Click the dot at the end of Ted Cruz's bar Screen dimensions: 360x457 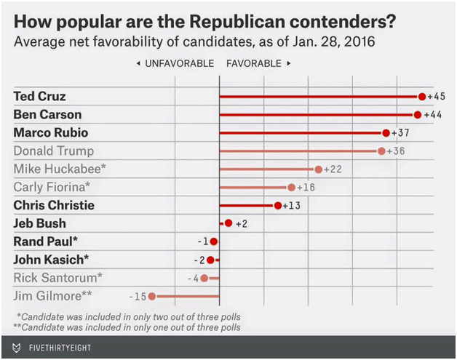click(x=421, y=97)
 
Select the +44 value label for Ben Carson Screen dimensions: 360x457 click(x=434, y=115)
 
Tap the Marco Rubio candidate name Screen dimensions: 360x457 click(x=50, y=133)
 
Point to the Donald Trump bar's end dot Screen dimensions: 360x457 click(x=381, y=151)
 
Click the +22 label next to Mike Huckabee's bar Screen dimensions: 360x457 click(x=333, y=169)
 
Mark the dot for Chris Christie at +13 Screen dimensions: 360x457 click(x=278, y=206)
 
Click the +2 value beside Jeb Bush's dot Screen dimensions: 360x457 click(x=242, y=224)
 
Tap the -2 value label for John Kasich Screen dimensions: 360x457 click(x=199, y=260)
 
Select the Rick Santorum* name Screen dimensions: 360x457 click(x=57, y=278)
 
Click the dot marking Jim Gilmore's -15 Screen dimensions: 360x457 click(x=152, y=296)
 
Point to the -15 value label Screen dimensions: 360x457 click(x=138, y=296)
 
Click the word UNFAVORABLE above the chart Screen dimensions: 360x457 click(x=179, y=64)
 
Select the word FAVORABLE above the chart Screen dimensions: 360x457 click(x=253, y=64)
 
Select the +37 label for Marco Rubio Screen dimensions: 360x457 click(x=401, y=133)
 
